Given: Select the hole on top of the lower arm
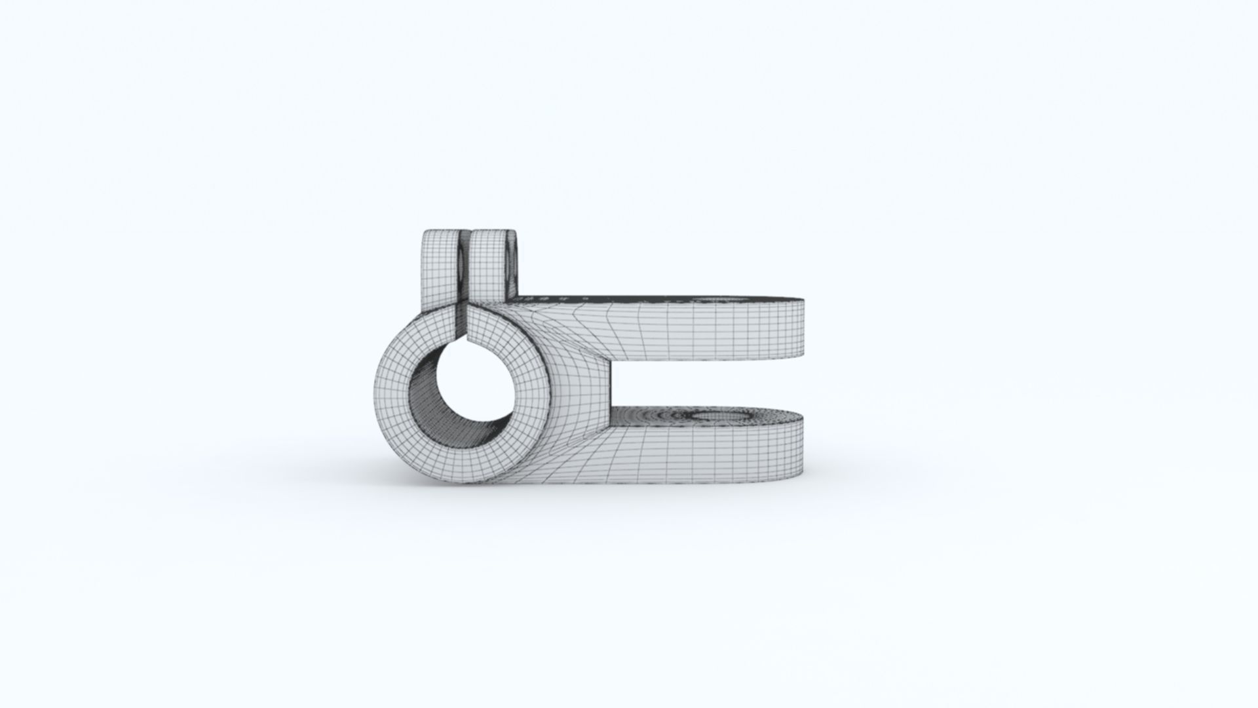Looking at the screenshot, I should tap(721, 417).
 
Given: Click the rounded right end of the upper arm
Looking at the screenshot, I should tap(801, 331).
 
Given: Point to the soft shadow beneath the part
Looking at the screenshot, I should tap(590, 498).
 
